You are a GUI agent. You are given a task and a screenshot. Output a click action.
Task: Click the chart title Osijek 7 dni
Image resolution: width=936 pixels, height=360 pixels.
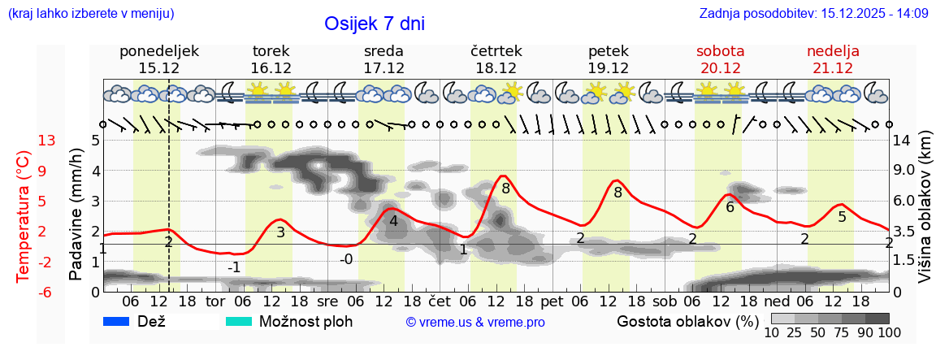374,24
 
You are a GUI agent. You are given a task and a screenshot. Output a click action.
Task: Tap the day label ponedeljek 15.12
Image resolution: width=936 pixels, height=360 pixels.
159,59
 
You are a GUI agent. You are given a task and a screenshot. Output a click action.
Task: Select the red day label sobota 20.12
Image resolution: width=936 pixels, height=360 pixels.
721,59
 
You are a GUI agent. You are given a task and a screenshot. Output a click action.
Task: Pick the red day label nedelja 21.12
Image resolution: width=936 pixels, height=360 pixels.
833,59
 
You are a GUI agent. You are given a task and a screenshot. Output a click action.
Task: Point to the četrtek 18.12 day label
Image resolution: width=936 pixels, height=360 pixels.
496,59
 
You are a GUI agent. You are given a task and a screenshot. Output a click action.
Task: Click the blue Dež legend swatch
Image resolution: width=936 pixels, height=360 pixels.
118,322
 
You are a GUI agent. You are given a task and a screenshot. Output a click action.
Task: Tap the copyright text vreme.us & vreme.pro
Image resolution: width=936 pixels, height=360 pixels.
475,323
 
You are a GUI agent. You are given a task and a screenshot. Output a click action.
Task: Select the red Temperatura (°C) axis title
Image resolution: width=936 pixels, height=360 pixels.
24,216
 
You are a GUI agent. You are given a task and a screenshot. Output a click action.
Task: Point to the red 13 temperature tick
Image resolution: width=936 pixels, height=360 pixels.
46,141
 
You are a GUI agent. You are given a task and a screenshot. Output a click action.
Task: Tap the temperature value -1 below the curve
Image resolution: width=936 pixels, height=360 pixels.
234,267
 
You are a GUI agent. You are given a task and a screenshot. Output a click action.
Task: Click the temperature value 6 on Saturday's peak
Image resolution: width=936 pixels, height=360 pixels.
730,208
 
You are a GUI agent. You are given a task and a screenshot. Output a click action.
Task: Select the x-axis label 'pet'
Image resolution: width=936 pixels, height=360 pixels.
552,301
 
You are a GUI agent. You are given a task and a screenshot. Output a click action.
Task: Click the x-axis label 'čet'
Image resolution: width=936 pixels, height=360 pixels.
440,301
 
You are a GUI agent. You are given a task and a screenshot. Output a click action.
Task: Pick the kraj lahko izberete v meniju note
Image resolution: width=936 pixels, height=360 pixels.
91,14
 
